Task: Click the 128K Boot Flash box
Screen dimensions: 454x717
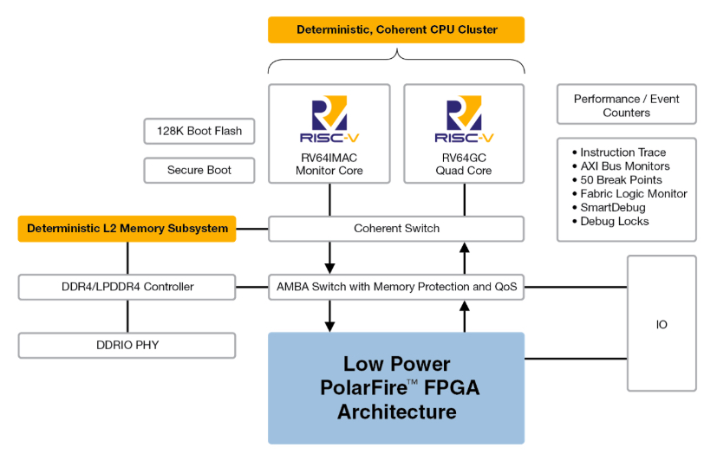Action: (199, 131)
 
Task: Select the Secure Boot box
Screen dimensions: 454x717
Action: (199, 170)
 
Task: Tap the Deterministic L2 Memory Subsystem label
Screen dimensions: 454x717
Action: (127, 229)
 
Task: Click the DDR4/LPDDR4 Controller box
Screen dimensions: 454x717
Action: (127, 287)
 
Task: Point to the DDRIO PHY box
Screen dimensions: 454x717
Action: (127, 345)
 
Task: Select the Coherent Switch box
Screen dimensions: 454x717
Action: (396, 229)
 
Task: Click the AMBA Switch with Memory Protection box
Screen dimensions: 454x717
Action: (396, 287)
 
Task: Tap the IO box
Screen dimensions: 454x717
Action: (662, 324)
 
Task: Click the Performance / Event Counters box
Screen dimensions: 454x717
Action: (626, 106)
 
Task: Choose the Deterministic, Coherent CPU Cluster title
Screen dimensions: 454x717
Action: (396, 29)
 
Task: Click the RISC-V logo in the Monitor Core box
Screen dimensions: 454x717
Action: (329, 120)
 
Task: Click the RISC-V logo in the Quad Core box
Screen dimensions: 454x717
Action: (464, 120)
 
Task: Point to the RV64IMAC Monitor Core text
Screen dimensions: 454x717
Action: (329, 164)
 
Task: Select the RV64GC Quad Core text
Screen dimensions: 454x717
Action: (464, 164)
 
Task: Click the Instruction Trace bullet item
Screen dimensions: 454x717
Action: (622, 152)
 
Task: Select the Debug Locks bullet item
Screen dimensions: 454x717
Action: (615, 222)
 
